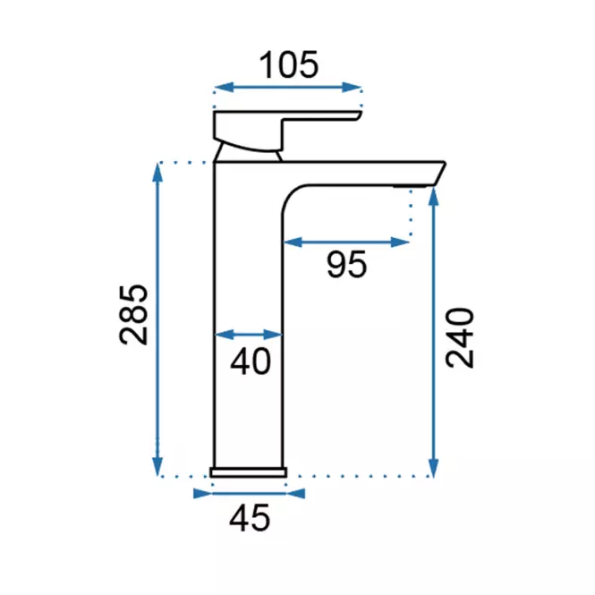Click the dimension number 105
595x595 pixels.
pyautogui.click(x=288, y=65)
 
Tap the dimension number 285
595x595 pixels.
pyautogui.click(x=133, y=315)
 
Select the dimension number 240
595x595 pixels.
pyautogui.click(x=460, y=337)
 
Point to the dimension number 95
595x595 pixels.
pyautogui.click(x=347, y=265)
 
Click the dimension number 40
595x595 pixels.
pyautogui.click(x=251, y=361)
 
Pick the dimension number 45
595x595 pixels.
pyautogui.click(x=250, y=518)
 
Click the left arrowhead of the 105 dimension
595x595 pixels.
pyautogui.click(x=224, y=88)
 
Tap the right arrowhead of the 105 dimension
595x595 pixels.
pyautogui.click(x=352, y=88)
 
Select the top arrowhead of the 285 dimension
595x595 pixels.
pyautogui.click(x=157, y=172)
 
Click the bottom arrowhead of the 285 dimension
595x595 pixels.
pyautogui.click(x=157, y=467)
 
